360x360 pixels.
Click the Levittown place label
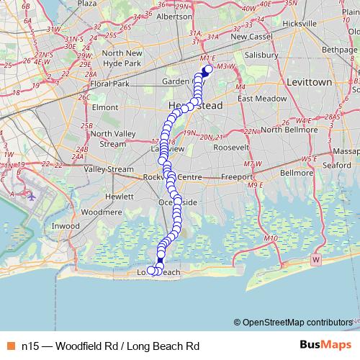309,83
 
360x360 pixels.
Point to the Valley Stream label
109,170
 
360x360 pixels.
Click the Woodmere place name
102,212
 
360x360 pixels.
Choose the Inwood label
66,226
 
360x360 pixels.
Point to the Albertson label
174,16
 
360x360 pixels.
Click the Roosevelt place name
230,147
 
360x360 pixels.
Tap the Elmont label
106,107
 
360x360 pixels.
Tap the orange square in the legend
11,346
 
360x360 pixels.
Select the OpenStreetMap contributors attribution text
297,323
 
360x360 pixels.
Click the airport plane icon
31,194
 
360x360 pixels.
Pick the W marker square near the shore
315,258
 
